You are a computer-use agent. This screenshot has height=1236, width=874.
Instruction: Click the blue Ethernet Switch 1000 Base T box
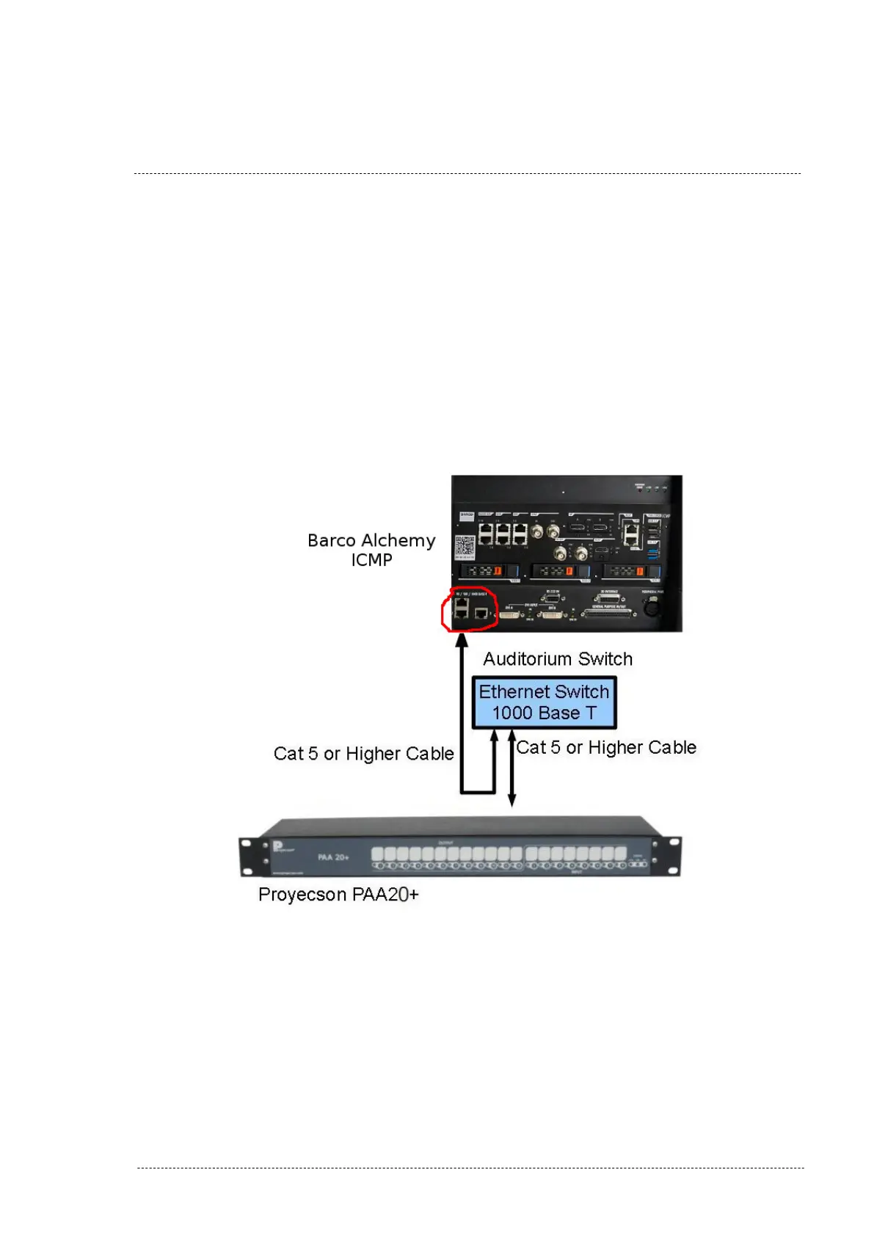[544, 702]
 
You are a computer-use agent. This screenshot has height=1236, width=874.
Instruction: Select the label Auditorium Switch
[558, 659]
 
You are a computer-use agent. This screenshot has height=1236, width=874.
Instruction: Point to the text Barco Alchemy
[371, 541]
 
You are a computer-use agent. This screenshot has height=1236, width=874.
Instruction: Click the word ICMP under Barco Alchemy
[371, 560]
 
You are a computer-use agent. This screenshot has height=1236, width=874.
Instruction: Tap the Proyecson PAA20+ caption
[338, 895]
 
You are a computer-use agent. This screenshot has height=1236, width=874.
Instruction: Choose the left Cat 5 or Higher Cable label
[363, 754]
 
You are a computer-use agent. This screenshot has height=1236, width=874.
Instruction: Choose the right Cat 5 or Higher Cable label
[606, 748]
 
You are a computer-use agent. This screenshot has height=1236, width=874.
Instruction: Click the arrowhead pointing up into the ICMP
[462, 640]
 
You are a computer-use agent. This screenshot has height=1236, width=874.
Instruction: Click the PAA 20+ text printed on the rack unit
[333, 857]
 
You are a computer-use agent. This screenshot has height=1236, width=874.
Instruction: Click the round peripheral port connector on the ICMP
[651, 607]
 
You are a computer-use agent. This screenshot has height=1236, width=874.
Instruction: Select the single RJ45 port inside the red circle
[481, 613]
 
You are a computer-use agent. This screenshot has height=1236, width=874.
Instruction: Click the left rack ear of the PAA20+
[251, 856]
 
